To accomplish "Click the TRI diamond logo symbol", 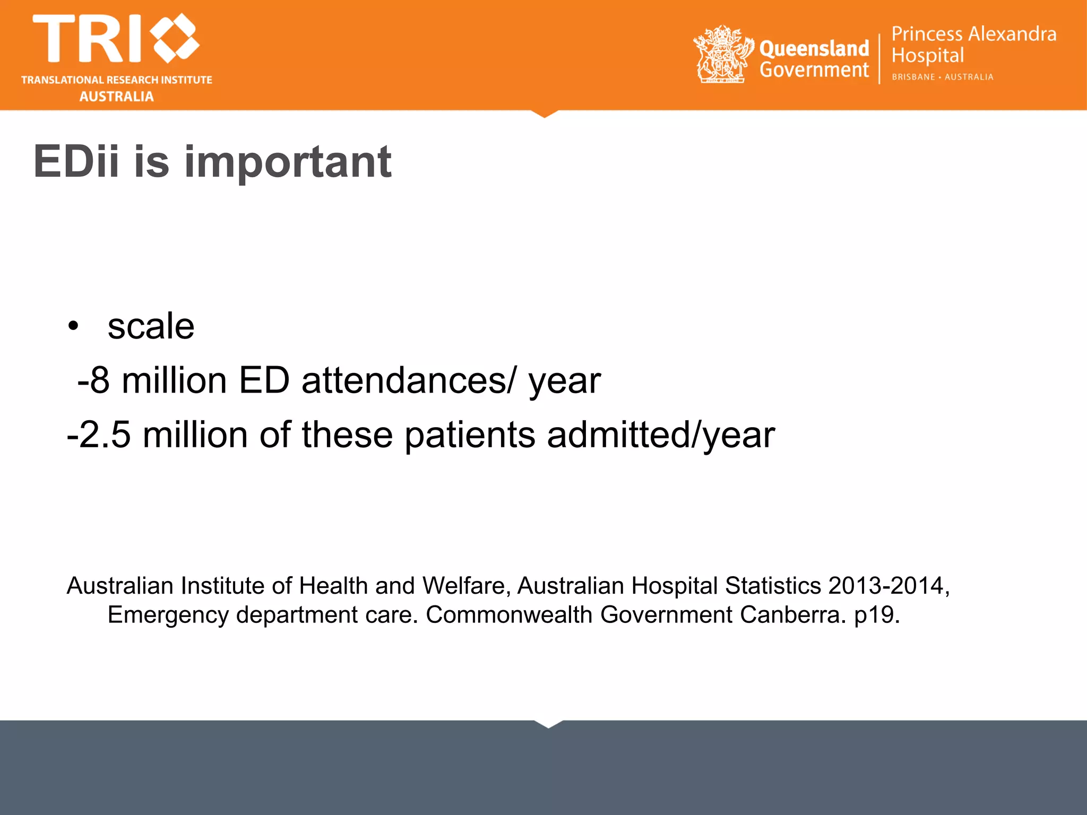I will [175, 38].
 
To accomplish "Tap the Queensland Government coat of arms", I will [723, 55].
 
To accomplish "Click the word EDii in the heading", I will [76, 161].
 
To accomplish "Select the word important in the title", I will [288, 162].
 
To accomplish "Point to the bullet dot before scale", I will [73, 326].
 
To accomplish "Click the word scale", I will [151, 326].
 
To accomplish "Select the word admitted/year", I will [661, 435].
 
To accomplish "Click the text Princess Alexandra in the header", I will [973, 34].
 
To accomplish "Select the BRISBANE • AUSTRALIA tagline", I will [942, 77].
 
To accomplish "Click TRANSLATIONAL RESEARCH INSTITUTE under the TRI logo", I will [117, 80].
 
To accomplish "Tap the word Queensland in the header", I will [814, 49].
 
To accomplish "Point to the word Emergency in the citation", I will [168, 615].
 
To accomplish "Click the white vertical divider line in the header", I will [879, 58].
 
